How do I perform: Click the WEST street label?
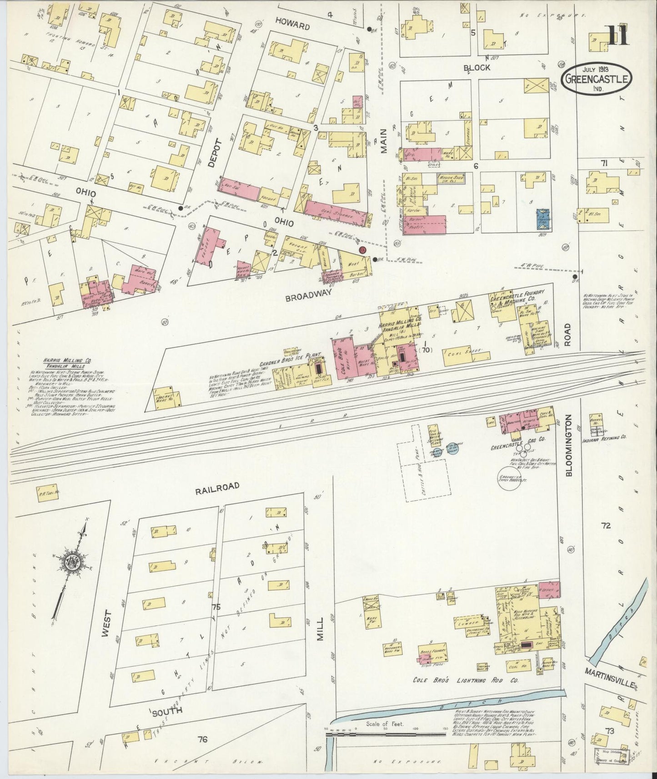tap(106, 631)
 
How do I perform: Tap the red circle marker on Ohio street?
tap(362, 250)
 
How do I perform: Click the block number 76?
tap(202, 740)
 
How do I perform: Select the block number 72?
tap(605, 526)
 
